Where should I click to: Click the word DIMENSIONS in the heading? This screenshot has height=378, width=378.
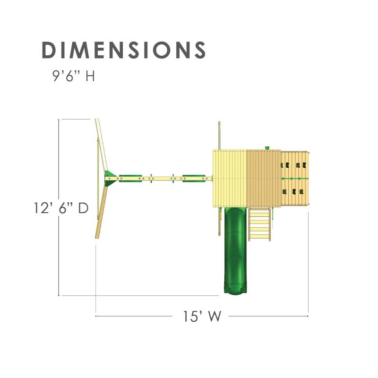124,50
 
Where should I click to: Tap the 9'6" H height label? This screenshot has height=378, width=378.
74,76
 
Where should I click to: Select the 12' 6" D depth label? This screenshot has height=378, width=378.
61,208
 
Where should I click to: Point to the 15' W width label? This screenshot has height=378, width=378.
202,316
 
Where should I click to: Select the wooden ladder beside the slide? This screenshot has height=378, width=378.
259,224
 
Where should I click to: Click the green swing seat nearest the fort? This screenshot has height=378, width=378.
194,179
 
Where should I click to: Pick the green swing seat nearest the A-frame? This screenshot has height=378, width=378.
130,179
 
